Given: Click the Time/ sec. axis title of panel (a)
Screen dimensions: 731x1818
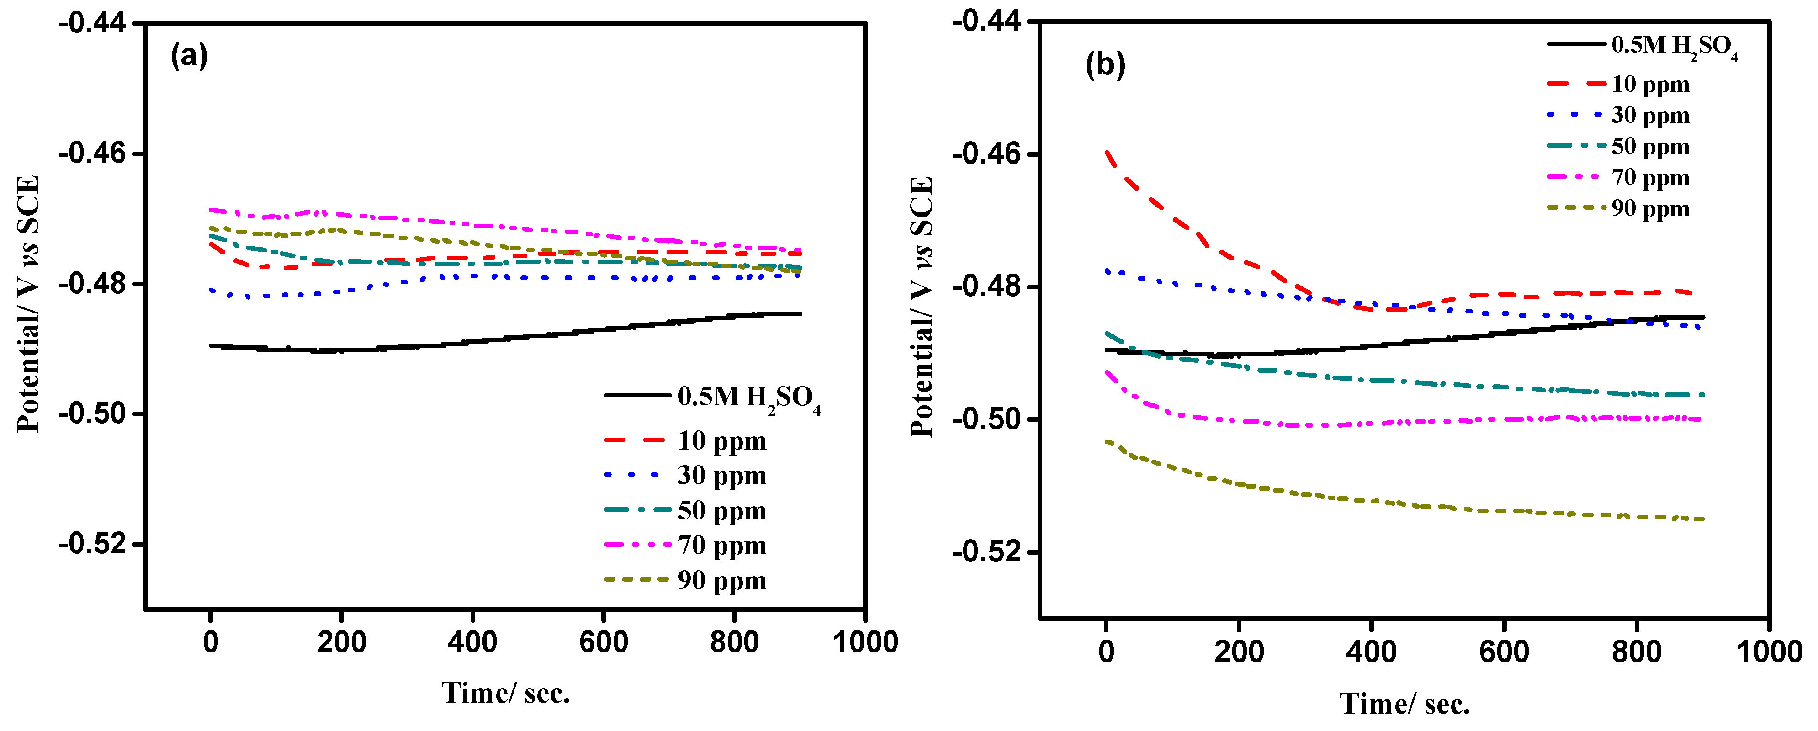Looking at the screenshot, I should pyautogui.click(x=505, y=694).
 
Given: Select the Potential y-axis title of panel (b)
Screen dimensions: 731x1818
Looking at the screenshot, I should pyautogui.click(x=922, y=307).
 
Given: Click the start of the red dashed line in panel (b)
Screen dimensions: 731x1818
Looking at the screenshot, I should pyautogui.click(x=1107, y=152).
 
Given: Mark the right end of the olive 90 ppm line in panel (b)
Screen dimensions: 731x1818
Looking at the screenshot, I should pyautogui.click(x=1703, y=519).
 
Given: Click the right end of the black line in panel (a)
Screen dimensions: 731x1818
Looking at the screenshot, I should pyautogui.click(x=800, y=314).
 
